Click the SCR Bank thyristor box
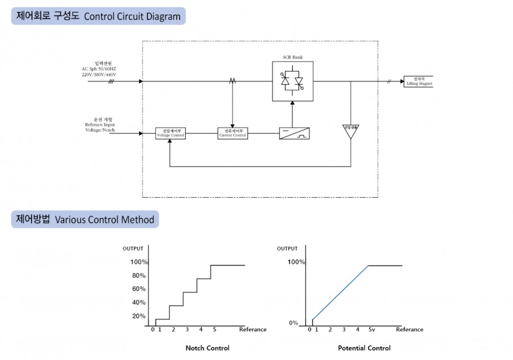[292, 81]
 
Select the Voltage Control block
[170, 133]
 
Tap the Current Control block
[233, 133]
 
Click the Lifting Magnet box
[419, 81]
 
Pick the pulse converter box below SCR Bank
[295, 133]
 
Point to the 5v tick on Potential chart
[371, 329]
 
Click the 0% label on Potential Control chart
[293, 323]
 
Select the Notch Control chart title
[207, 348]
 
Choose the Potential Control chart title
[364, 348]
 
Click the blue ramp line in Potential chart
[341, 293]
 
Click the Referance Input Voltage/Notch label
[100, 126]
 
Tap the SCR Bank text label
[292, 58]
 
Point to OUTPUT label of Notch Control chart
[133, 248]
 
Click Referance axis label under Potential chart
[409, 329]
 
